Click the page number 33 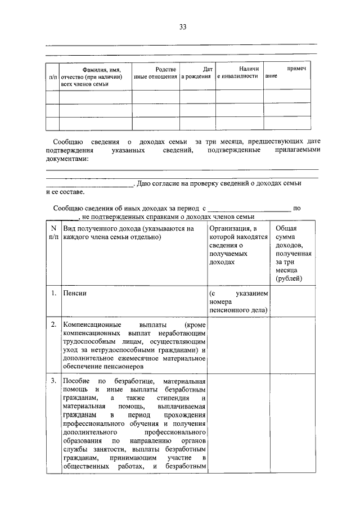[182, 26]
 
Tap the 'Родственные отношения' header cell [155, 73]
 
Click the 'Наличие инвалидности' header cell [238, 72]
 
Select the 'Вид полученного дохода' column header [128, 233]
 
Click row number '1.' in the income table [52, 293]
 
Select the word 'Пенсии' [75, 293]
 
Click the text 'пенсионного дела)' [238, 310]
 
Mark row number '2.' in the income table [52, 325]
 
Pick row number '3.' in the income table [52, 381]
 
